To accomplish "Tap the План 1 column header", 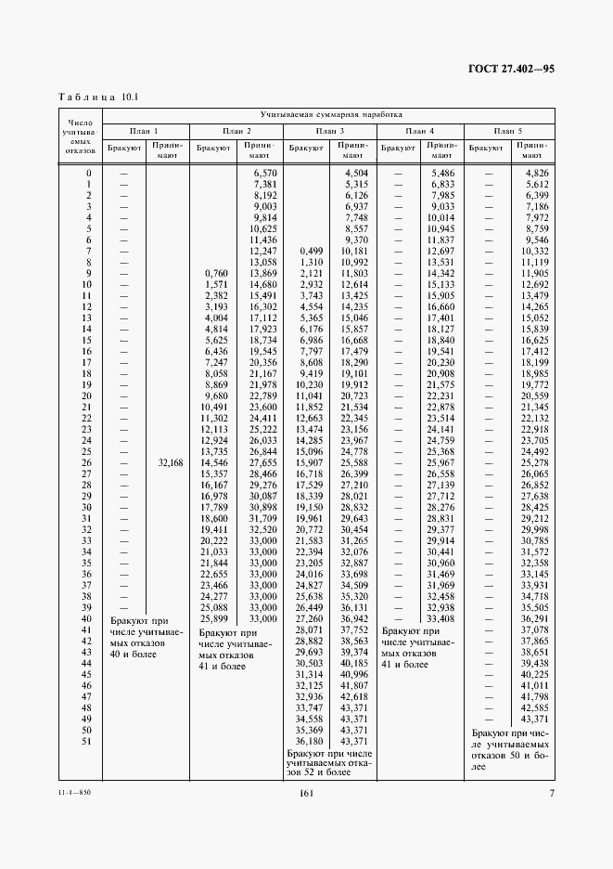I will pyautogui.click(x=144, y=131).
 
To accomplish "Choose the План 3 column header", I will pyautogui.click(x=328, y=131).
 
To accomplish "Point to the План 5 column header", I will pyautogui.click(x=508, y=131).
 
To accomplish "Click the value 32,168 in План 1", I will pyautogui.click(x=169, y=461).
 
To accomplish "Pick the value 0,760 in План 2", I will pyautogui.click(x=214, y=273).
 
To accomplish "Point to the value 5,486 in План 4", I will pyautogui.click(x=442, y=174).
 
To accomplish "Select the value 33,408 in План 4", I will pyautogui.click(x=441, y=618).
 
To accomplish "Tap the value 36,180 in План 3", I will pyautogui.click(x=309, y=741).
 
